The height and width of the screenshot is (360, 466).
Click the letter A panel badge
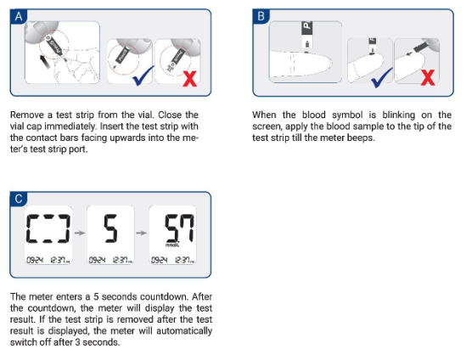[x=19, y=16]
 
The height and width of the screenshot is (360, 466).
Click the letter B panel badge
[x=261, y=16]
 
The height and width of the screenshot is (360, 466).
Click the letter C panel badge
[x=19, y=199]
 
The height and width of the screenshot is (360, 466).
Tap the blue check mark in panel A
[x=143, y=76]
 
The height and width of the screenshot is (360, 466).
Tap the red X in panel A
[x=189, y=78]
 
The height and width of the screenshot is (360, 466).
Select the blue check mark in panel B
[x=382, y=77]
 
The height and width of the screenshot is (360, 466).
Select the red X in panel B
[x=428, y=77]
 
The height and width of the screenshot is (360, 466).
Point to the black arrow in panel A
[x=45, y=62]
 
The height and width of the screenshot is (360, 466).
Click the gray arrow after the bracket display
[x=80, y=233]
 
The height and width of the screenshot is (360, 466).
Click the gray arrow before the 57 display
[x=142, y=233]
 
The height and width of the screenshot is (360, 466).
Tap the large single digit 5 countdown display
[x=110, y=228]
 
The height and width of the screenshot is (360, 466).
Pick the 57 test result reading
[x=179, y=228]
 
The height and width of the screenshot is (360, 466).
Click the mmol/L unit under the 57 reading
[x=172, y=245]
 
